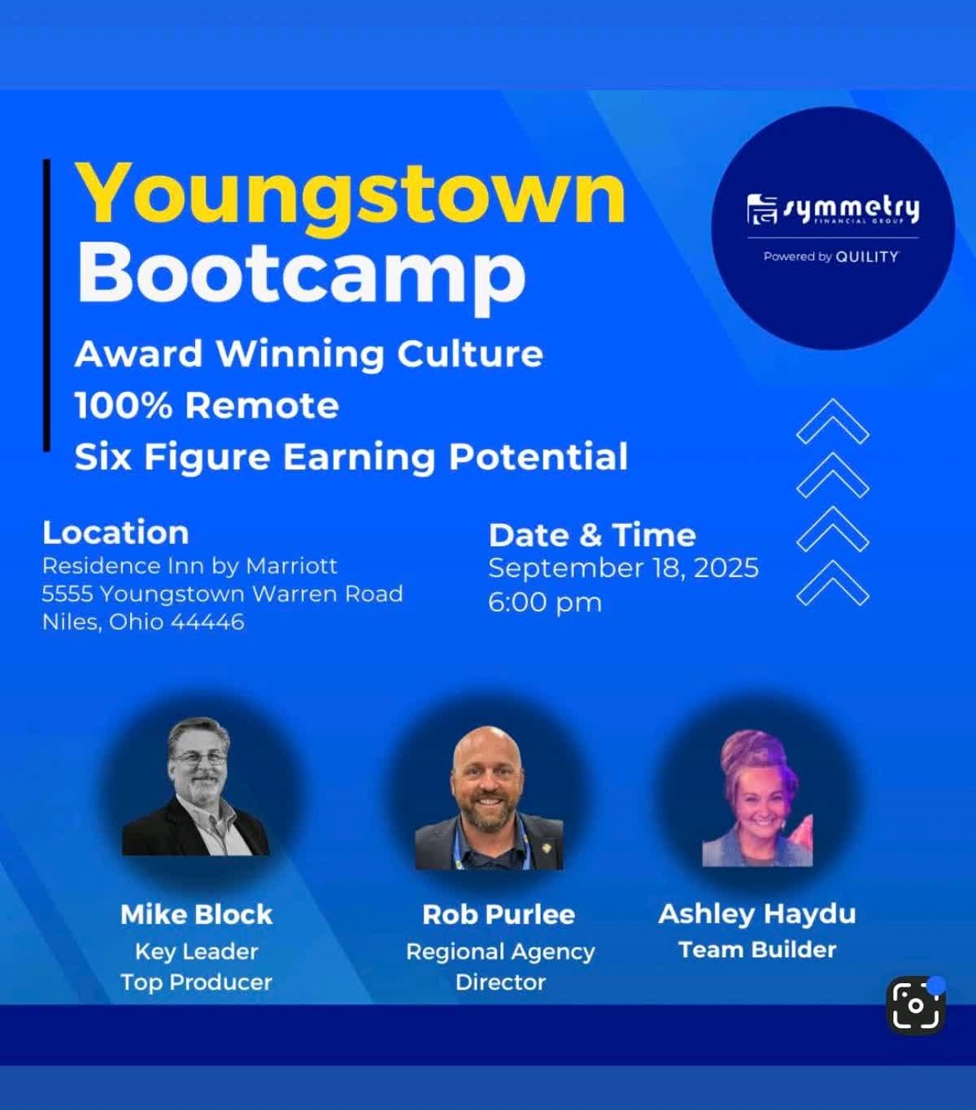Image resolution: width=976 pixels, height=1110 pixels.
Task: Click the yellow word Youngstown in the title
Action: click(x=351, y=200)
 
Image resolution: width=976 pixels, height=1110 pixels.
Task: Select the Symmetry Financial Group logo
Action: click(x=833, y=211)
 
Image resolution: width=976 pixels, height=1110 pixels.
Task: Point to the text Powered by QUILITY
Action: click(x=830, y=256)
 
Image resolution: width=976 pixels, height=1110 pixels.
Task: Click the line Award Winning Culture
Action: click(x=309, y=355)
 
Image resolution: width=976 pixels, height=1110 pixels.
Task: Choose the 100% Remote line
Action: click(x=207, y=406)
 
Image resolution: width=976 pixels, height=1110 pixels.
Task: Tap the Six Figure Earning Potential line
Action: click(x=351, y=457)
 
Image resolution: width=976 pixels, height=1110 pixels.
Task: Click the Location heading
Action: click(x=115, y=532)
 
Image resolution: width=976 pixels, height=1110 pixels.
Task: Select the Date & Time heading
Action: click(x=592, y=535)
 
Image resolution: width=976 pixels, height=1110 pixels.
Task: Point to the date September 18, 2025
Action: click(x=624, y=568)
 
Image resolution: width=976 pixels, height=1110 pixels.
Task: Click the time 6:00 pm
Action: click(x=545, y=603)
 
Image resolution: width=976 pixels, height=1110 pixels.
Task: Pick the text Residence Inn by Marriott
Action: click(x=190, y=566)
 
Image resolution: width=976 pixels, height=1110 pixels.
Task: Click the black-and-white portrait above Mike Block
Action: click(x=196, y=786)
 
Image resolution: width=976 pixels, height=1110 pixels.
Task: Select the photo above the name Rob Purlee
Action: click(x=489, y=798)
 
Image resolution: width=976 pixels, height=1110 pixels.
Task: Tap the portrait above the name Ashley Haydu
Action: click(x=757, y=798)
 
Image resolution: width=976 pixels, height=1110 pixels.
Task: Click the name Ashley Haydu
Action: click(x=757, y=913)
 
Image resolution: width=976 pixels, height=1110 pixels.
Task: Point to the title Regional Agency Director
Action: click(x=500, y=966)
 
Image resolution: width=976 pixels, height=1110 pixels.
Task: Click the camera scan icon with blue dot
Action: click(x=915, y=1005)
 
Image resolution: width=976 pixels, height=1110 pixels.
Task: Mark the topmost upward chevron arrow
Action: click(x=832, y=420)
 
